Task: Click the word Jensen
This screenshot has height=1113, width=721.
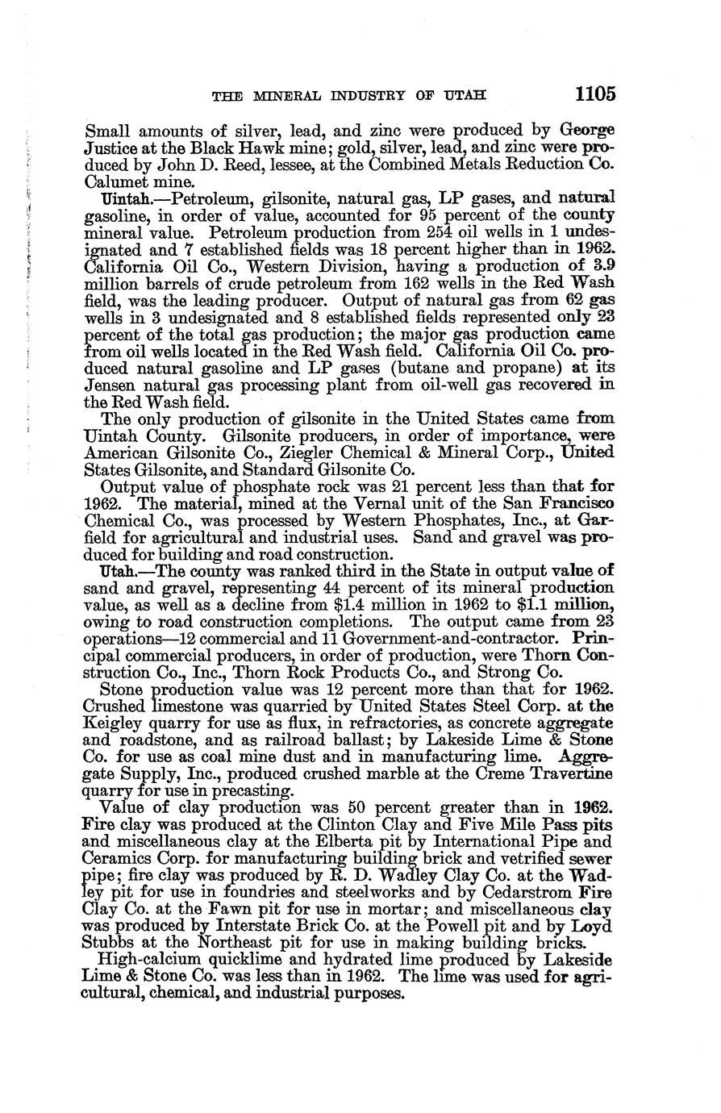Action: coord(108,386)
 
